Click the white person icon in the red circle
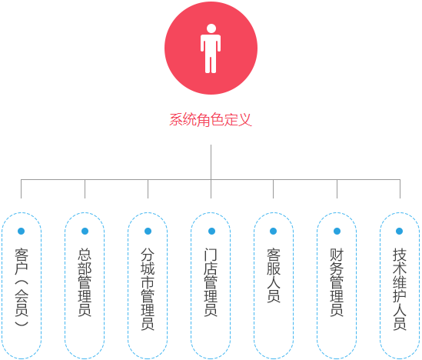pyautogui.click(x=211, y=48)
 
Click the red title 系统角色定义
pyautogui.click(x=211, y=119)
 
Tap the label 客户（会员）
pyautogui.click(x=22, y=287)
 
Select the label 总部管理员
pyautogui.click(x=85, y=282)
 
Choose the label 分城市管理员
pyautogui.click(x=148, y=289)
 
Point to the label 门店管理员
pyautogui.click(x=211, y=282)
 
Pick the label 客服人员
pyautogui.click(x=274, y=275)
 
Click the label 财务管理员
pyautogui.click(x=337, y=282)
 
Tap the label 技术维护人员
pyautogui.click(x=400, y=289)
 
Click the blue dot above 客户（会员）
pyautogui.click(x=22, y=231)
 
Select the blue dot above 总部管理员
pyautogui.click(x=85, y=231)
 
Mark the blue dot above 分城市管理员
pyautogui.click(x=148, y=231)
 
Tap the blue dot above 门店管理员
pyautogui.click(x=212, y=231)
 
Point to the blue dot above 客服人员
pyautogui.click(x=273, y=231)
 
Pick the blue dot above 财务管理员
pyautogui.click(x=337, y=231)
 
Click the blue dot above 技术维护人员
pyautogui.click(x=400, y=231)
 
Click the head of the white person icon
pyautogui.click(x=211, y=28)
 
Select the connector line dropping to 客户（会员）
pyautogui.click(x=21, y=189)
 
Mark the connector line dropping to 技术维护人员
pyautogui.click(x=400, y=189)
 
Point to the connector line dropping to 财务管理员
pyautogui.click(x=337, y=189)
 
